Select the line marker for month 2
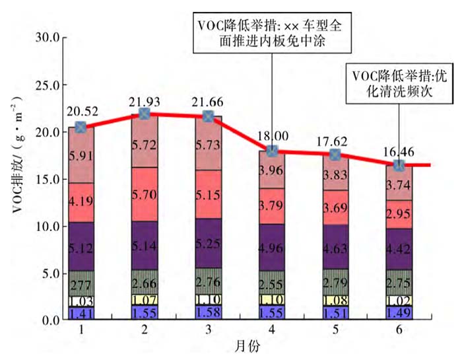pyautogui.click(x=145, y=114)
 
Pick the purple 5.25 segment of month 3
pyautogui.click(x=208, y=243)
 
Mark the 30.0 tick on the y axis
pyautogui.click(x=48, y=38)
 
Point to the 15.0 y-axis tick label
pyautogui.click(x=48, y=179)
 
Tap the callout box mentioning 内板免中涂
pyautogui.click(x=272, y=33)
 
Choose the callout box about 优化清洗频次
pyautogui.click(x=399, y=83)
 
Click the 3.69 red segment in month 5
pyautogui.click(x=335, y=208)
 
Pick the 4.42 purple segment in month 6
pyautogui.click(x=399, y=250)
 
